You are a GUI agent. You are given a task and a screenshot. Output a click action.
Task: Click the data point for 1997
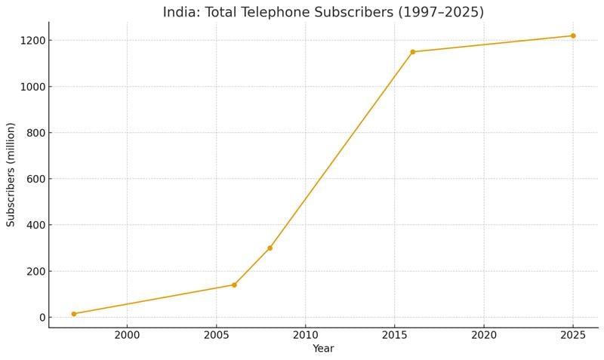coord(74,314)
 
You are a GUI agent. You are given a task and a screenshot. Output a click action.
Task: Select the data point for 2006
coord(234,285)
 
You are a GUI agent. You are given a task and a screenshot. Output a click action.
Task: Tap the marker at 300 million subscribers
coord(270,248)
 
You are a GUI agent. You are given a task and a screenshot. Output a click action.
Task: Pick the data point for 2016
coord(412,52)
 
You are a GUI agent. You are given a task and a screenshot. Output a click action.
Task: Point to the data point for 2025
coord(573,35)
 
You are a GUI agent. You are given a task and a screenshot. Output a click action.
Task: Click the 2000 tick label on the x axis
coord(127,334)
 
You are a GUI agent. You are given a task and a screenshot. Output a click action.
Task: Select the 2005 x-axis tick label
coord(216,334)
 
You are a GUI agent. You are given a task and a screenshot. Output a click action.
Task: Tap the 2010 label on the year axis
coord(305,334)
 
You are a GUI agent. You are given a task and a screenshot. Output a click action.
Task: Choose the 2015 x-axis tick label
coord(395,334)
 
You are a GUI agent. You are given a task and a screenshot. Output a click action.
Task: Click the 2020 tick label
coord(484,334)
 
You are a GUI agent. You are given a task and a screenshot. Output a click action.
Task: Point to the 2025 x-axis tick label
coord(573,334)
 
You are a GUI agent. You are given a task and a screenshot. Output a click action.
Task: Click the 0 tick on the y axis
coord(41,318)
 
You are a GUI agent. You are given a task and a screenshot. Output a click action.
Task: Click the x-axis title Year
coord(323,349)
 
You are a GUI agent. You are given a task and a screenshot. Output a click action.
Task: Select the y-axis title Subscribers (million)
coord(11,174)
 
